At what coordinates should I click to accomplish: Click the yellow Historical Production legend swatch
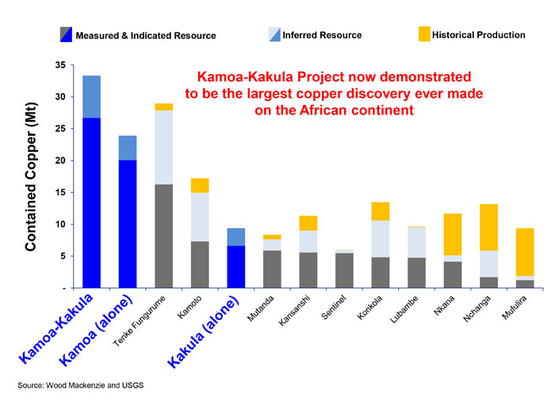(x=423, y=34)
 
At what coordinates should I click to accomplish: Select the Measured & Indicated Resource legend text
(x=146, y=36)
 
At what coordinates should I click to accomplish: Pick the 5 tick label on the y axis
(x=62, y=256)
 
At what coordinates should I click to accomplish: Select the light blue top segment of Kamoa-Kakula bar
(x=92, y=96)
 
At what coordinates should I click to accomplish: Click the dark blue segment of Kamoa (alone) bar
(x=128, y=223)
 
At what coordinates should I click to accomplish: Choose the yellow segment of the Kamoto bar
(x=200, y=185)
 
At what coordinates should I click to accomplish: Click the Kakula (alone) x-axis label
(x=202, y=334)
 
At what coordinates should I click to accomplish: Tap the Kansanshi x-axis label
(x=294, y=311)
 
